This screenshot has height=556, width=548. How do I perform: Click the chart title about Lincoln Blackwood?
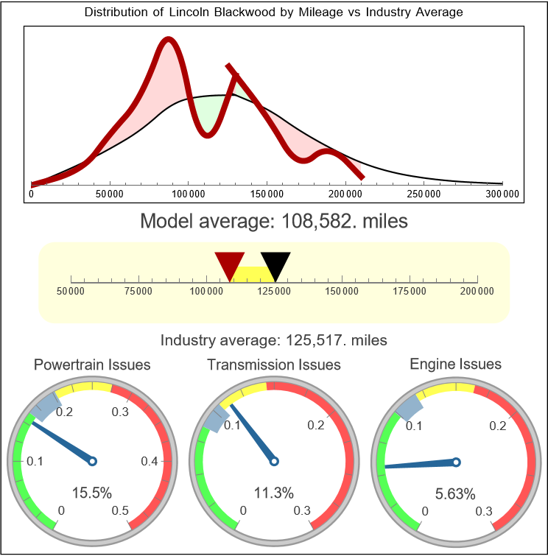(x=273, y=13)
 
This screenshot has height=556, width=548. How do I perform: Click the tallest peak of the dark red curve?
(x=169, y=42)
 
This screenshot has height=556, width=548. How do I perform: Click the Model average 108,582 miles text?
(x=273, y=221)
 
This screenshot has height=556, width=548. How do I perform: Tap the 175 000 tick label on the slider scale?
(x=410, y=292)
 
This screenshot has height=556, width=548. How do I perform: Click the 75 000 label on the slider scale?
(x=138, y=292)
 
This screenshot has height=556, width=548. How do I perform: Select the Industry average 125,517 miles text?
(x=273, y=340)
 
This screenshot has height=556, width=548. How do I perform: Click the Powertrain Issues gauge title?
(x=92, y=365)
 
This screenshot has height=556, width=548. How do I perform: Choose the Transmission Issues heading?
(x=273, y=365)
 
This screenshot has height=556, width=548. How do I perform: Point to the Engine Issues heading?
(x=455, y=364)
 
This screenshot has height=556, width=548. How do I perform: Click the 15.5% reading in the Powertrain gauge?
(x=92, y=492)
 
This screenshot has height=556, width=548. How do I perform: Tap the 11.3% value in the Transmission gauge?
(x=273, y=492)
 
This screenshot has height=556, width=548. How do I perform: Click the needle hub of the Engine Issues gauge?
(x=456, y=462)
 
